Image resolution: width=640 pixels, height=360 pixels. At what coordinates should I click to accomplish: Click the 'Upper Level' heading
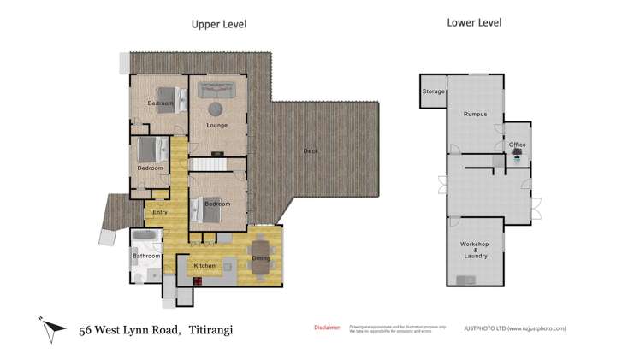tap(218, 25)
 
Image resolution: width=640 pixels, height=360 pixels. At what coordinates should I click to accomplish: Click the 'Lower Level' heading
tap(473, 22)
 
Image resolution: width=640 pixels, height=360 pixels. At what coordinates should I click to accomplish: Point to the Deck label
tap(311, 152)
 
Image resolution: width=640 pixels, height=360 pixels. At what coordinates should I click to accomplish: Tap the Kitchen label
tap(204, 267)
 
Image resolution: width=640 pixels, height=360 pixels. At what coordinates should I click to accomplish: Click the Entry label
tap(160, 213)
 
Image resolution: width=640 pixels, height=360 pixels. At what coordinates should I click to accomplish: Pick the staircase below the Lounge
tap(204, 164)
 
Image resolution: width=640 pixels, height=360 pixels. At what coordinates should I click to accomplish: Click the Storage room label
tap(433, 91)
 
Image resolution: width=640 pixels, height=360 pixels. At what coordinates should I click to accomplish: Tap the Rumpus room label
tap(475, 114)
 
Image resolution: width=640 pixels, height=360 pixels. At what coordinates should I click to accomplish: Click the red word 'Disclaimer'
tap(326, 327)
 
